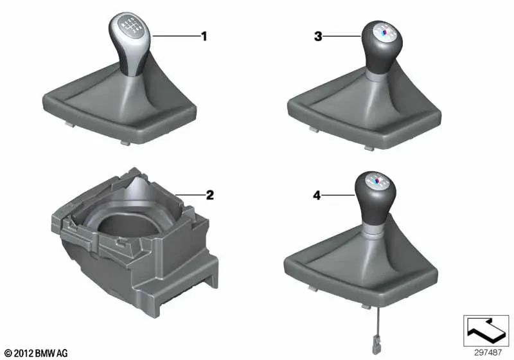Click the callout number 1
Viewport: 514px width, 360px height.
tap(204, 37)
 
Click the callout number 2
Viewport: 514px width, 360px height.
tap(209, 195)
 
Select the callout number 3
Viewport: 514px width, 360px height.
tap(317, 37)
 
